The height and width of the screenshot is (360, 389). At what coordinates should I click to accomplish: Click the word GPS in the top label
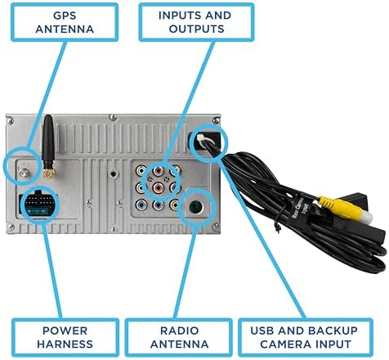(65, 16)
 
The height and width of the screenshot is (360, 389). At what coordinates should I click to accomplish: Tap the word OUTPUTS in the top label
(196, 29)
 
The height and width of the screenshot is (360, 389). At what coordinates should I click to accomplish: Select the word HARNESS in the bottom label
(65, 344)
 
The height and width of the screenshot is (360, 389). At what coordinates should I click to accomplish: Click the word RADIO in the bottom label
(180, 331)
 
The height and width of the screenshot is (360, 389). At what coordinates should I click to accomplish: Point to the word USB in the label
(262, 331)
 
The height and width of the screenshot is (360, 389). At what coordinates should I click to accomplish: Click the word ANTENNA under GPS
(65, 29)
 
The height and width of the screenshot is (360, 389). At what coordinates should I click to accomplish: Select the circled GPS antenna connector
(24, 173)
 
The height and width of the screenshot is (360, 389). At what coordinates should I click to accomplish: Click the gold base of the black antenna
(49, 173)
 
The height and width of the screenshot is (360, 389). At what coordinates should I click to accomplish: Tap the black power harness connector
(38, 204)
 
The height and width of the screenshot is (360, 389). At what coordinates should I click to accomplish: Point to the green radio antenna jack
(196, 207)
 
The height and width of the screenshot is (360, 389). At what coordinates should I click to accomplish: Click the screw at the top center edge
(113, 118)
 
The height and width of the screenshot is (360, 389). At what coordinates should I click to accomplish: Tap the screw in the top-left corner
(11, 120)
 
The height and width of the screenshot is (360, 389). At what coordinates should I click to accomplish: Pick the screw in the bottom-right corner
(216, 226)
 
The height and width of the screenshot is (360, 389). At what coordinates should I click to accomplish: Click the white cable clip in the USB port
(204, 140)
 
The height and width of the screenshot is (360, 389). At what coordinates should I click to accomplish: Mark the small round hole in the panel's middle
(114, 173)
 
